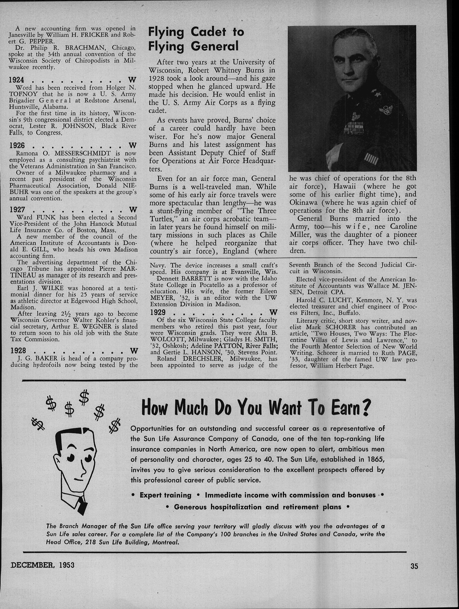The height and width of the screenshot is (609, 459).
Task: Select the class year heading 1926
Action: pyautogui.click(x=17, y=145)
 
